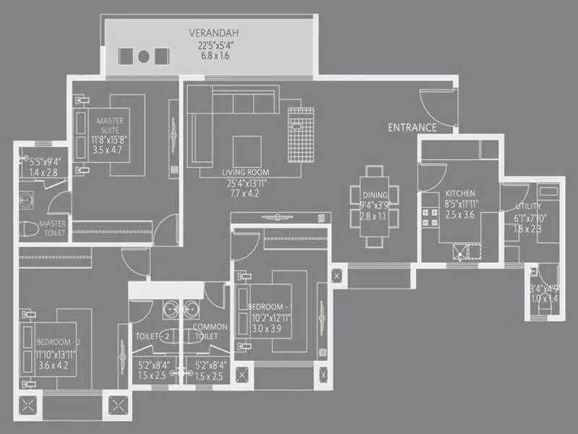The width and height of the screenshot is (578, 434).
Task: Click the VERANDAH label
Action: coord(214,33)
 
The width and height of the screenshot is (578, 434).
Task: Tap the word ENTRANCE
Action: coord(412,127)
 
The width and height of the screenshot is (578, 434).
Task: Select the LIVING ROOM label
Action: coord(245,173)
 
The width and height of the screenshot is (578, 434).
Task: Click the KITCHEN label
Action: coord(460,194)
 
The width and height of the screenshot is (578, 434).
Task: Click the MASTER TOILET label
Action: coord(53,229)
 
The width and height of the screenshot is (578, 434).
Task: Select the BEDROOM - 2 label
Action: coord(55,341)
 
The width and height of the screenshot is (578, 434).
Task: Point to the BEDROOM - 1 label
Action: coord(269,307)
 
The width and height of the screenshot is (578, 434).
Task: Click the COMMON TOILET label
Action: coord(210,331)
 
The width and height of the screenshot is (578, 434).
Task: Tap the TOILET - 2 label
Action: coord(153,336)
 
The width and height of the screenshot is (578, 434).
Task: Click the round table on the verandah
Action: coord(144,56)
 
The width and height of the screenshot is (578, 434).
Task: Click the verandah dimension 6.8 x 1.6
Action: coord(214,56)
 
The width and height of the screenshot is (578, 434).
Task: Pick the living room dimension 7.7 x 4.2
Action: coord(245,194)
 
